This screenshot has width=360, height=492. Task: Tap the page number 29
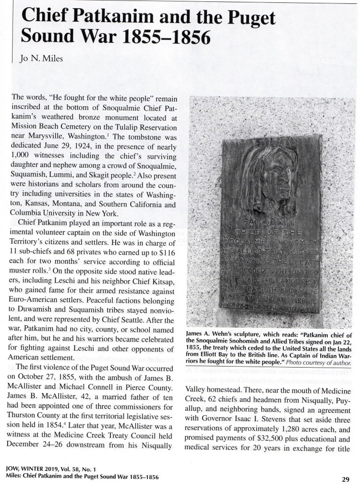coord(345,479)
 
